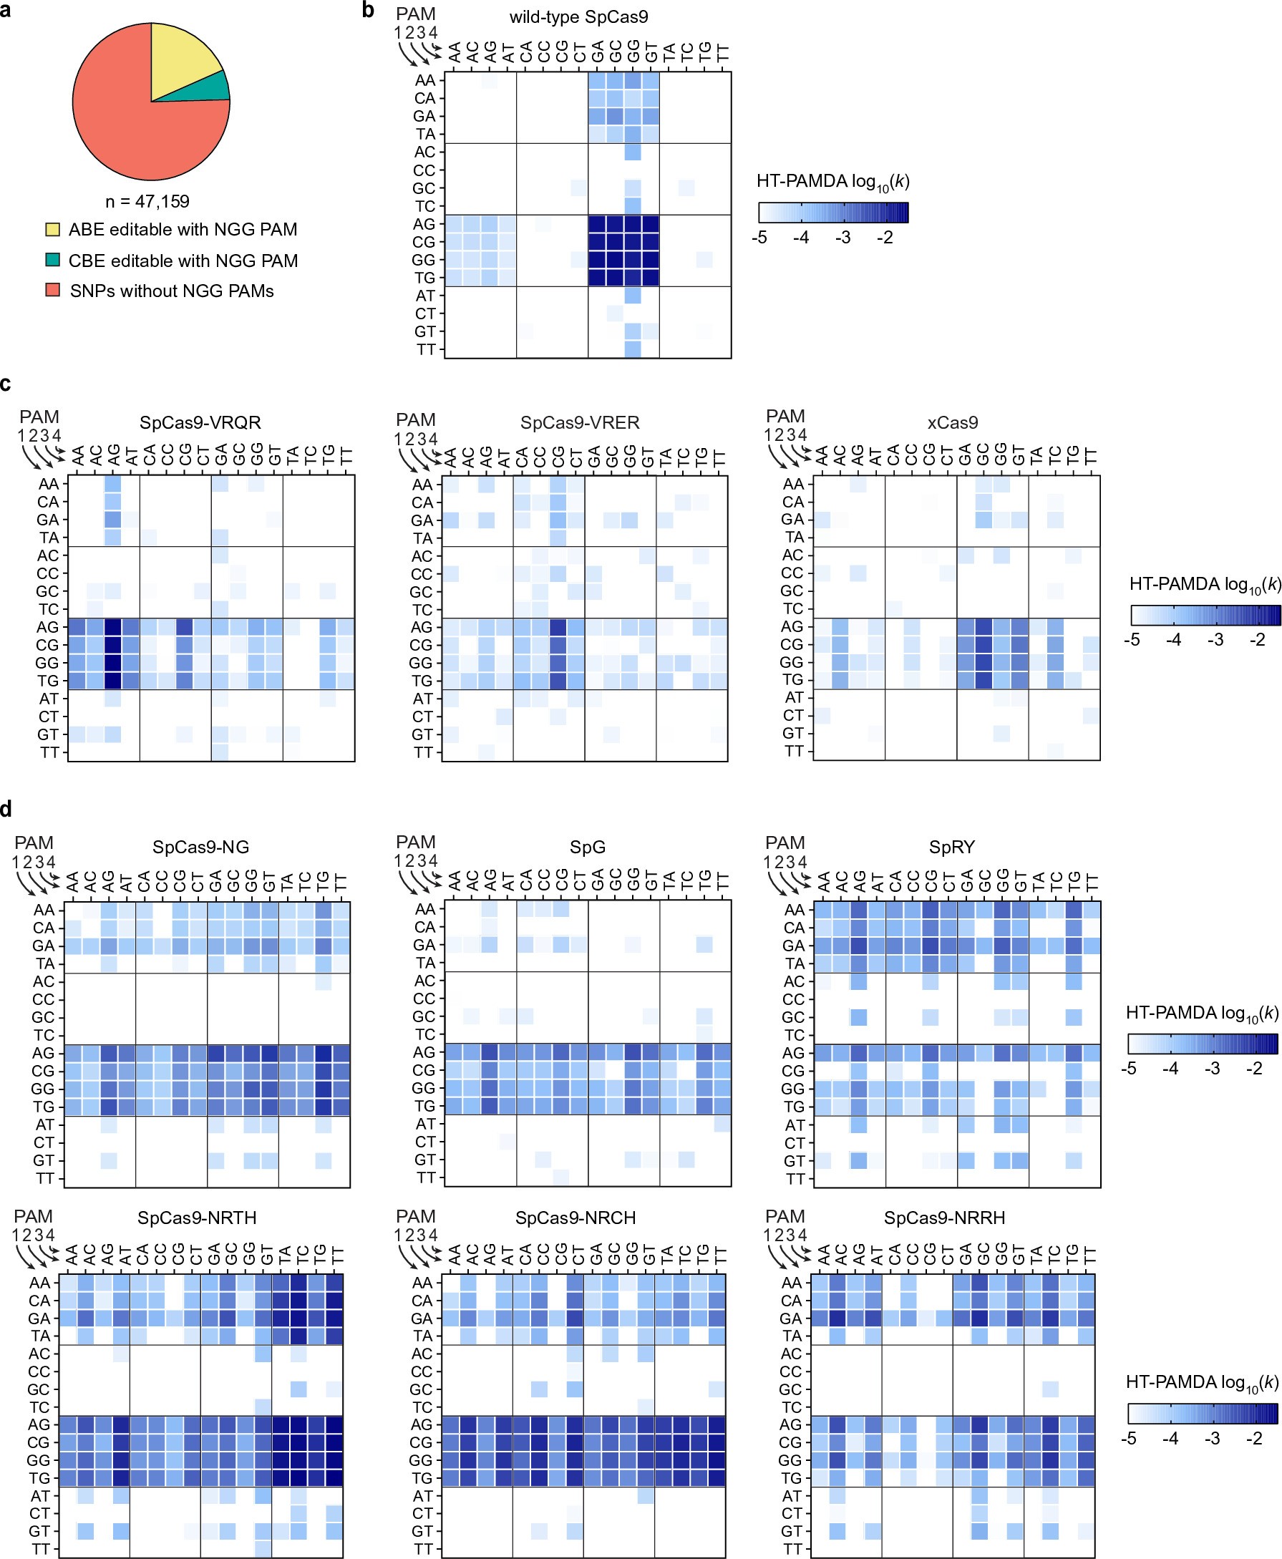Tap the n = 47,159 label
tap(147, 202)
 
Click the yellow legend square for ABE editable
tap(52, 229)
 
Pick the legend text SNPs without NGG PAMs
tap(171, 291)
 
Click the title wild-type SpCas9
tap(578, 17)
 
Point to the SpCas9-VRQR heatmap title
tap(200, 422)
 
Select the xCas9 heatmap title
tap(952, 422)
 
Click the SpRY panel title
tap(951, 847)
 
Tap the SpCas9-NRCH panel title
tap(576, 1218)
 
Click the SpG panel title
tap(587, 847)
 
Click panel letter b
tap(368, 10)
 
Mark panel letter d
tap(6, 810)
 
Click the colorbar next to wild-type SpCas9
tap(833, 213)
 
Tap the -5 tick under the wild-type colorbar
tap(759, 238)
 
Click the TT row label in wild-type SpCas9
tap(426, 349)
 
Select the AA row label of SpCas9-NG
tap(44, 910)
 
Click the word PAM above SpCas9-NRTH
tap(33, 1216)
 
